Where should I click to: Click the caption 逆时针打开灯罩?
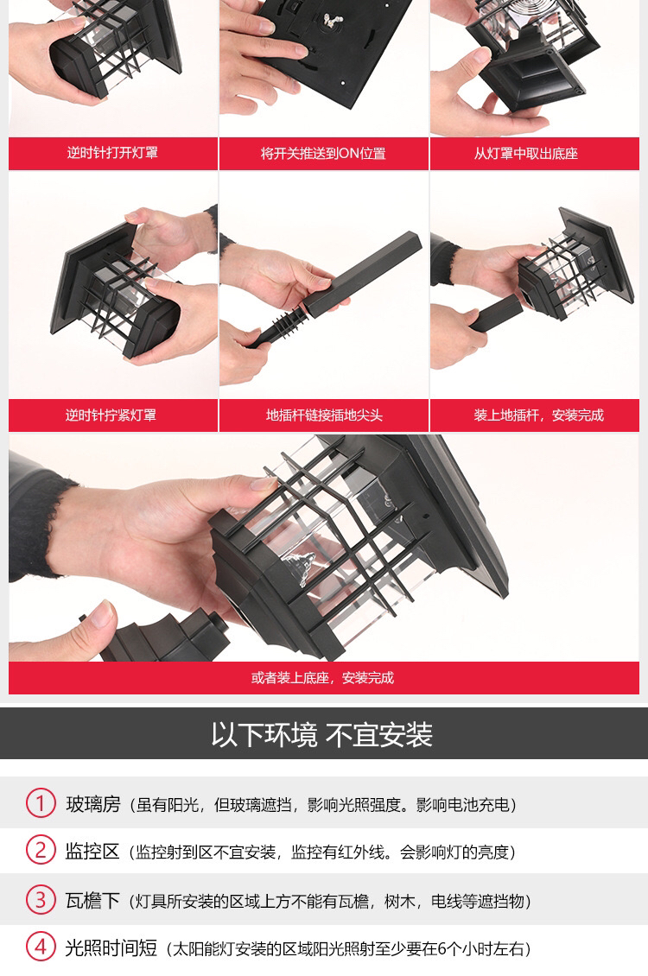[x=112, y=153]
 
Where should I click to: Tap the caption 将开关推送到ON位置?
[x=323, y=154]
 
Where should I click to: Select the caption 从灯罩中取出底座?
[x=526, y=154]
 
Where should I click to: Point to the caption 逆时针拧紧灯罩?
[x=111, y=415]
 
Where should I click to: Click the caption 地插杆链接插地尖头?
[x=324, y=415]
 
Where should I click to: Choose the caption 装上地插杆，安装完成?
[x=538, y=415]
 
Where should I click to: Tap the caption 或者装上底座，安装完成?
[x=322, y=678]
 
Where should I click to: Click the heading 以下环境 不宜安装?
[x=321, y=734]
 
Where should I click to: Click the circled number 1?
[x=41, y=803]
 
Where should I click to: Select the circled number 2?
[x=41, y=850]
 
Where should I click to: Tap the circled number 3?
[x=41, y=899]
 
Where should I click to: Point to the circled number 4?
[x=41, y=947]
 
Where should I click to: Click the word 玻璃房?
[x=93, y=804]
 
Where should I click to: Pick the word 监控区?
[x=92, y=852]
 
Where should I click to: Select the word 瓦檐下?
[x=92, y=901]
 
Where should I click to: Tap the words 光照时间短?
[x=111, y=948]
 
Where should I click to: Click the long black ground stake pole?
[x=361, y=274]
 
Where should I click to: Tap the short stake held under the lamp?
[x=496, y=314]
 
